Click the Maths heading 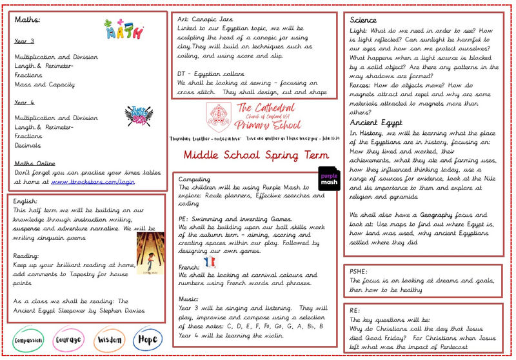coord(27,20)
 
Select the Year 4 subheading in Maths coord(23,102)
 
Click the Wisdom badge coord(109,340)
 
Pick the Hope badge coord(147,340)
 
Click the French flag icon coord(210,261)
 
